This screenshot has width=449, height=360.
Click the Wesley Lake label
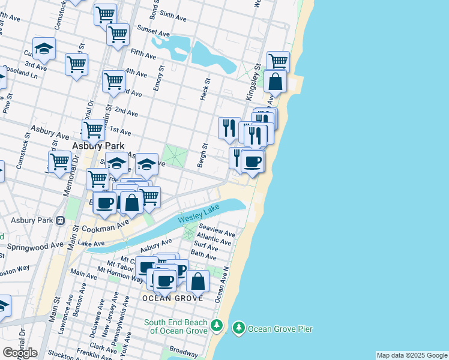(199, 217)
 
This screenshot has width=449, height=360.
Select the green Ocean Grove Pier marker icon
(240, 328)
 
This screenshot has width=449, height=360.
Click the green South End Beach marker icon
(217, 326)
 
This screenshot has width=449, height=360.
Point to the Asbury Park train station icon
(60, 220)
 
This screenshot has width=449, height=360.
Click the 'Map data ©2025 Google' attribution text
(412, 355)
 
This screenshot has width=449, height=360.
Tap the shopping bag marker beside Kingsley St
(275, 82)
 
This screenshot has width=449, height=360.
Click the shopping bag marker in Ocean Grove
(197, 281)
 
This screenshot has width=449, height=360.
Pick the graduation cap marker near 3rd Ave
(44, 48)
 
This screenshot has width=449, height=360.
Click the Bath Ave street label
(203, 256)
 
